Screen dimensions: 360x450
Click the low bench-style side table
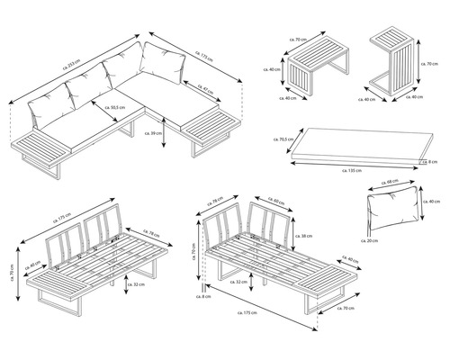315,70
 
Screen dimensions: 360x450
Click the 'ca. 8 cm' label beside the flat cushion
431,162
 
